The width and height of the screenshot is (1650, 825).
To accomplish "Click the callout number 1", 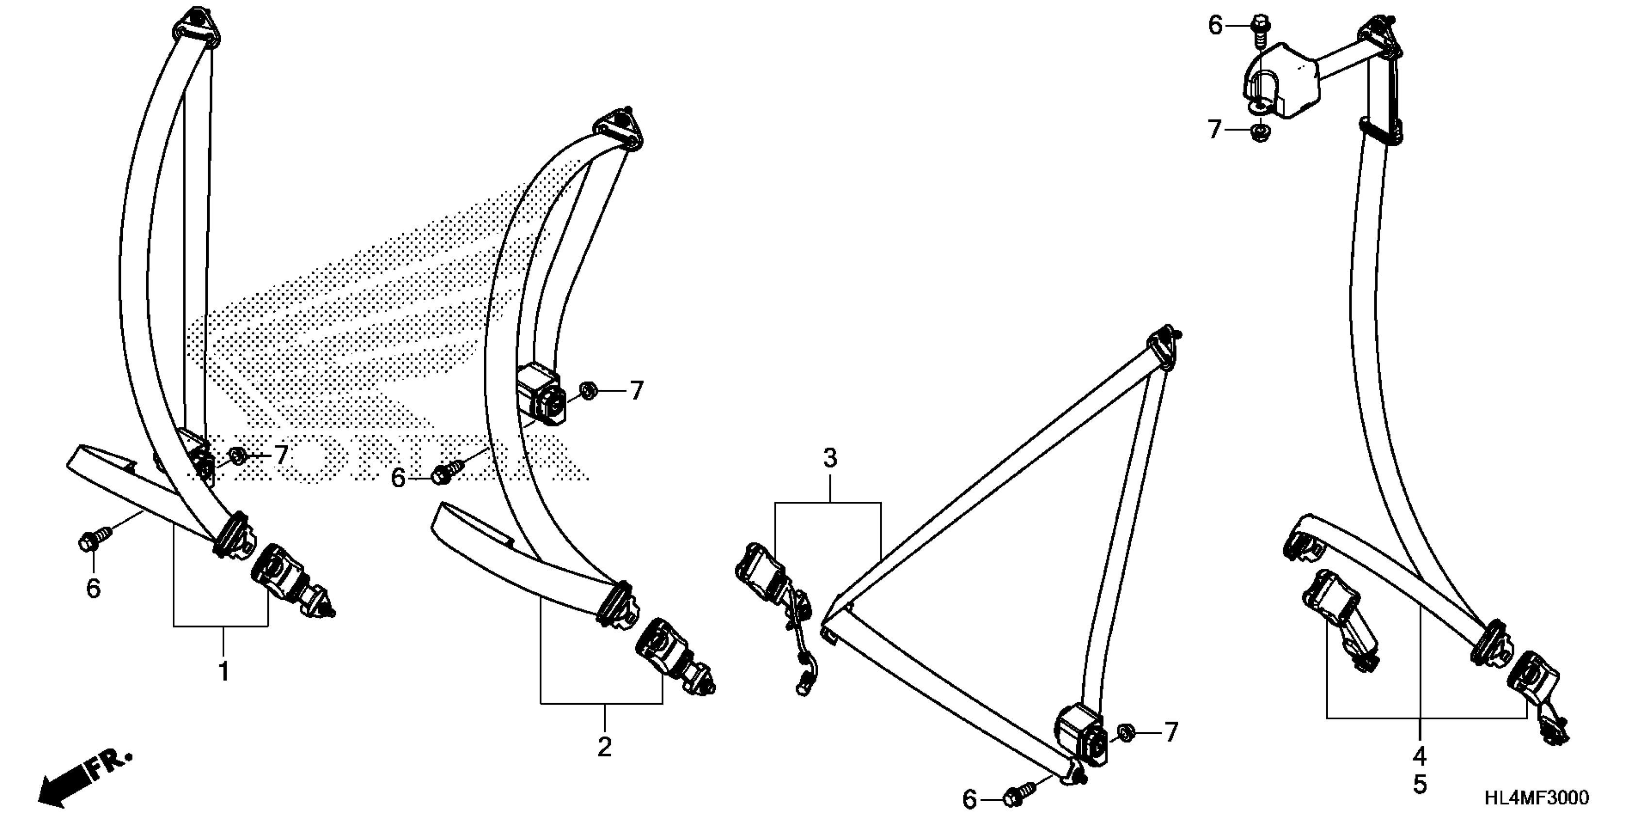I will coord(224,672).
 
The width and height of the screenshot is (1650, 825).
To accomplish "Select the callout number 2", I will coord(604,747).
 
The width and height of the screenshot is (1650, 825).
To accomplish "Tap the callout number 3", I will coord(829,459).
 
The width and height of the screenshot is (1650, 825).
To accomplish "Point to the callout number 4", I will coord(1420,757).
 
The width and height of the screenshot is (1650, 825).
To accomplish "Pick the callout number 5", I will coord(1420,785).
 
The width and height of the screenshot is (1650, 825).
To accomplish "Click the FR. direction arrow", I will coord(83,776).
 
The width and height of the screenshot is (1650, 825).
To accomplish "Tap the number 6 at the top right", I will coord(1215,26).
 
